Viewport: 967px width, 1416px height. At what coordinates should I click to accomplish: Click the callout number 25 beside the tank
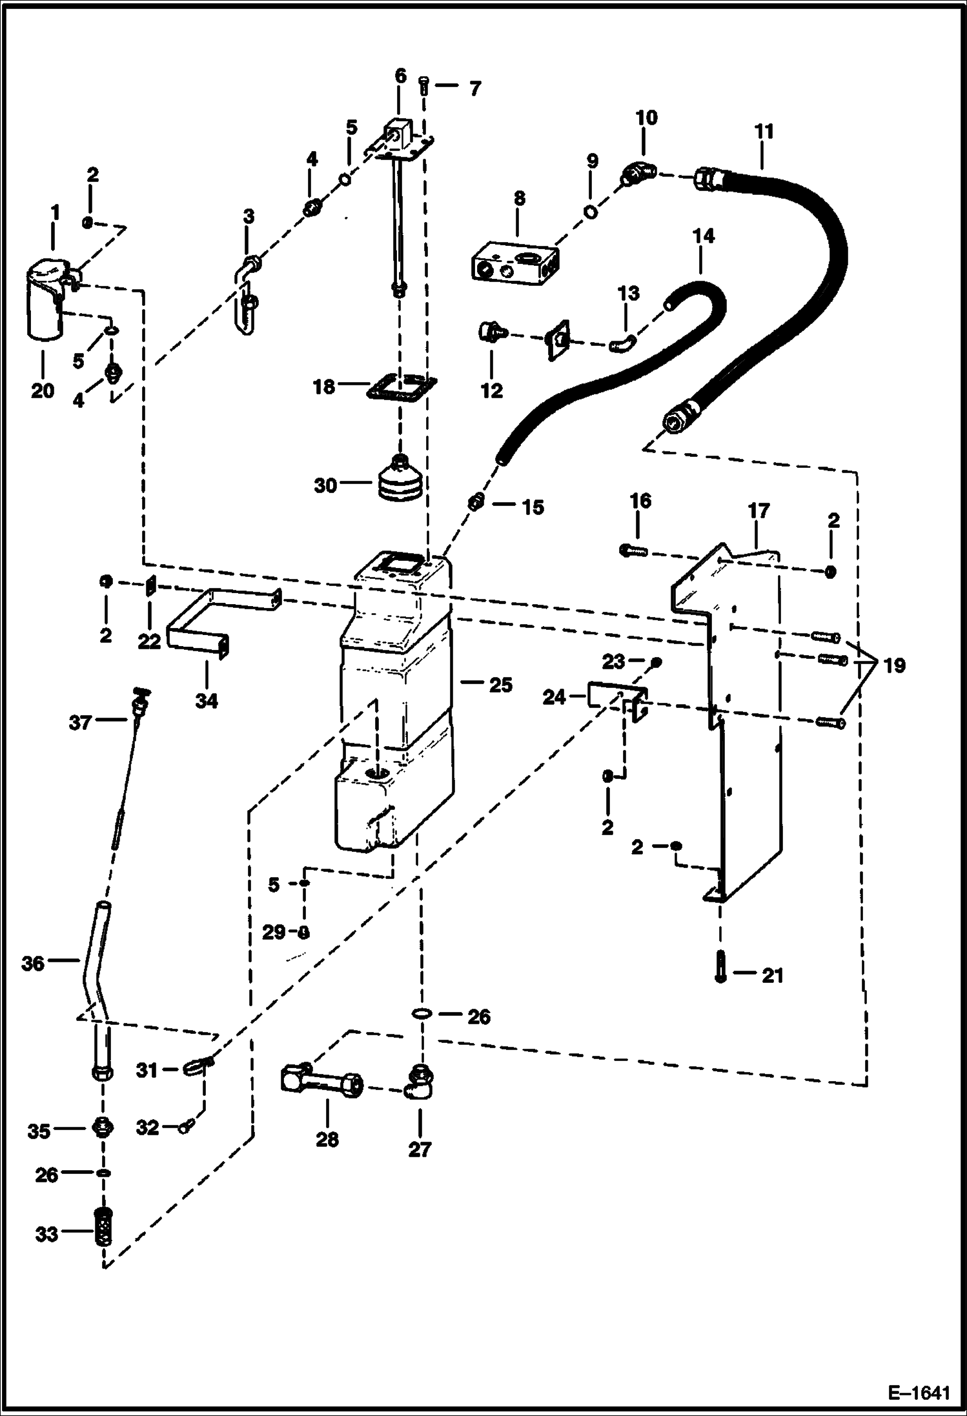500,685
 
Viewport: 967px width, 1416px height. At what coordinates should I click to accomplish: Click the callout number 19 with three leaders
894,665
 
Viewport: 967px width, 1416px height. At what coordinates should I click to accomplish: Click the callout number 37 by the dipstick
80,722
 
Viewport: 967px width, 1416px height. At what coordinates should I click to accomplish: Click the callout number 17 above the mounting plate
758,511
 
